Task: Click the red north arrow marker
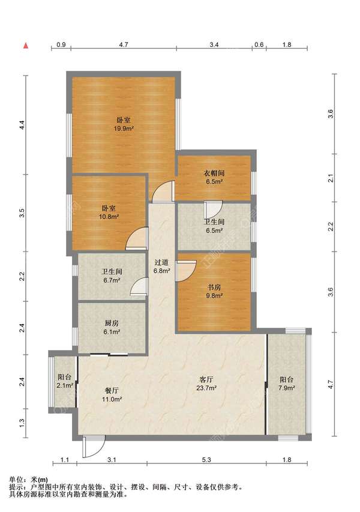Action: pos(25,46)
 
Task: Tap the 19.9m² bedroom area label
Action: pos(124,128)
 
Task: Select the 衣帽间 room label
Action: pos(214,173)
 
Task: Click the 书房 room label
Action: pos(214,288)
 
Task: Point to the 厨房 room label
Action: pos(112,324)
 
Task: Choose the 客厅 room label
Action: pos(206,379)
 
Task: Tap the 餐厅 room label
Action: pos(112,391)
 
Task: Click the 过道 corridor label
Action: pos(161,262)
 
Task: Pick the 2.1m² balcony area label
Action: pos(65,385)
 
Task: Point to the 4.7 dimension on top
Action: pos(124,45)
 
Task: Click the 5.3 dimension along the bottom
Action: pos(206,460)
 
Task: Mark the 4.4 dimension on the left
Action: pos(22,125)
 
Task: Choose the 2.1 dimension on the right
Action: pos(331,178)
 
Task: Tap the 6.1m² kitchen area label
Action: pos(112,332)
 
